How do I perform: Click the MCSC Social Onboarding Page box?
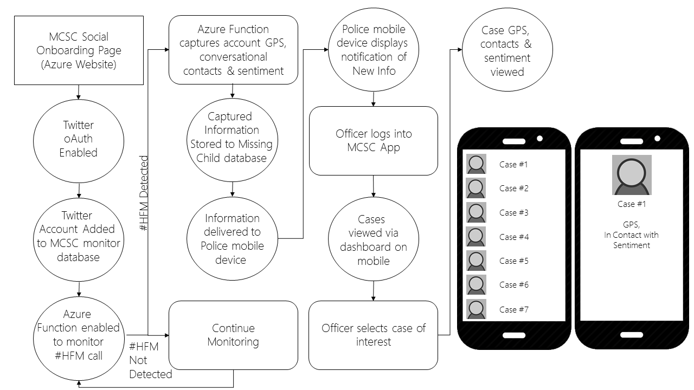[79, 50]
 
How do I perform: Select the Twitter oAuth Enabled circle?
[79, 141]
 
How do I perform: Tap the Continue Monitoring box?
[233, 335]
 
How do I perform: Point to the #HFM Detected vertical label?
[144, 193]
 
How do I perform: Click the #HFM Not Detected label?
[150, 360]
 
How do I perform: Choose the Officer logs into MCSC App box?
[374, 141]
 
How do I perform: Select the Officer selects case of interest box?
[374, 335]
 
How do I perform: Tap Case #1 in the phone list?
[513, 164]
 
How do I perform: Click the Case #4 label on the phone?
[514, 237]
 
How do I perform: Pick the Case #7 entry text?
[514, 309]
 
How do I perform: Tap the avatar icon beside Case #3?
[476, 212]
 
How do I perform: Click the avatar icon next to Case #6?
[476, 285]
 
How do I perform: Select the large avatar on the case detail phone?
[632, 175]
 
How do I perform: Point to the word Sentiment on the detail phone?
[632, 245]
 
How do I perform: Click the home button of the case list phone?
[514, 335]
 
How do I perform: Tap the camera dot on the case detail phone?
[658, 138]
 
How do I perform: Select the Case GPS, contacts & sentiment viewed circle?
[507, 49]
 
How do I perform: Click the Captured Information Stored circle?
[232, 140]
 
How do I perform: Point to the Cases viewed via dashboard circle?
[374, 239]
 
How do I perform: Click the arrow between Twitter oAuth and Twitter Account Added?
[79, 191]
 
